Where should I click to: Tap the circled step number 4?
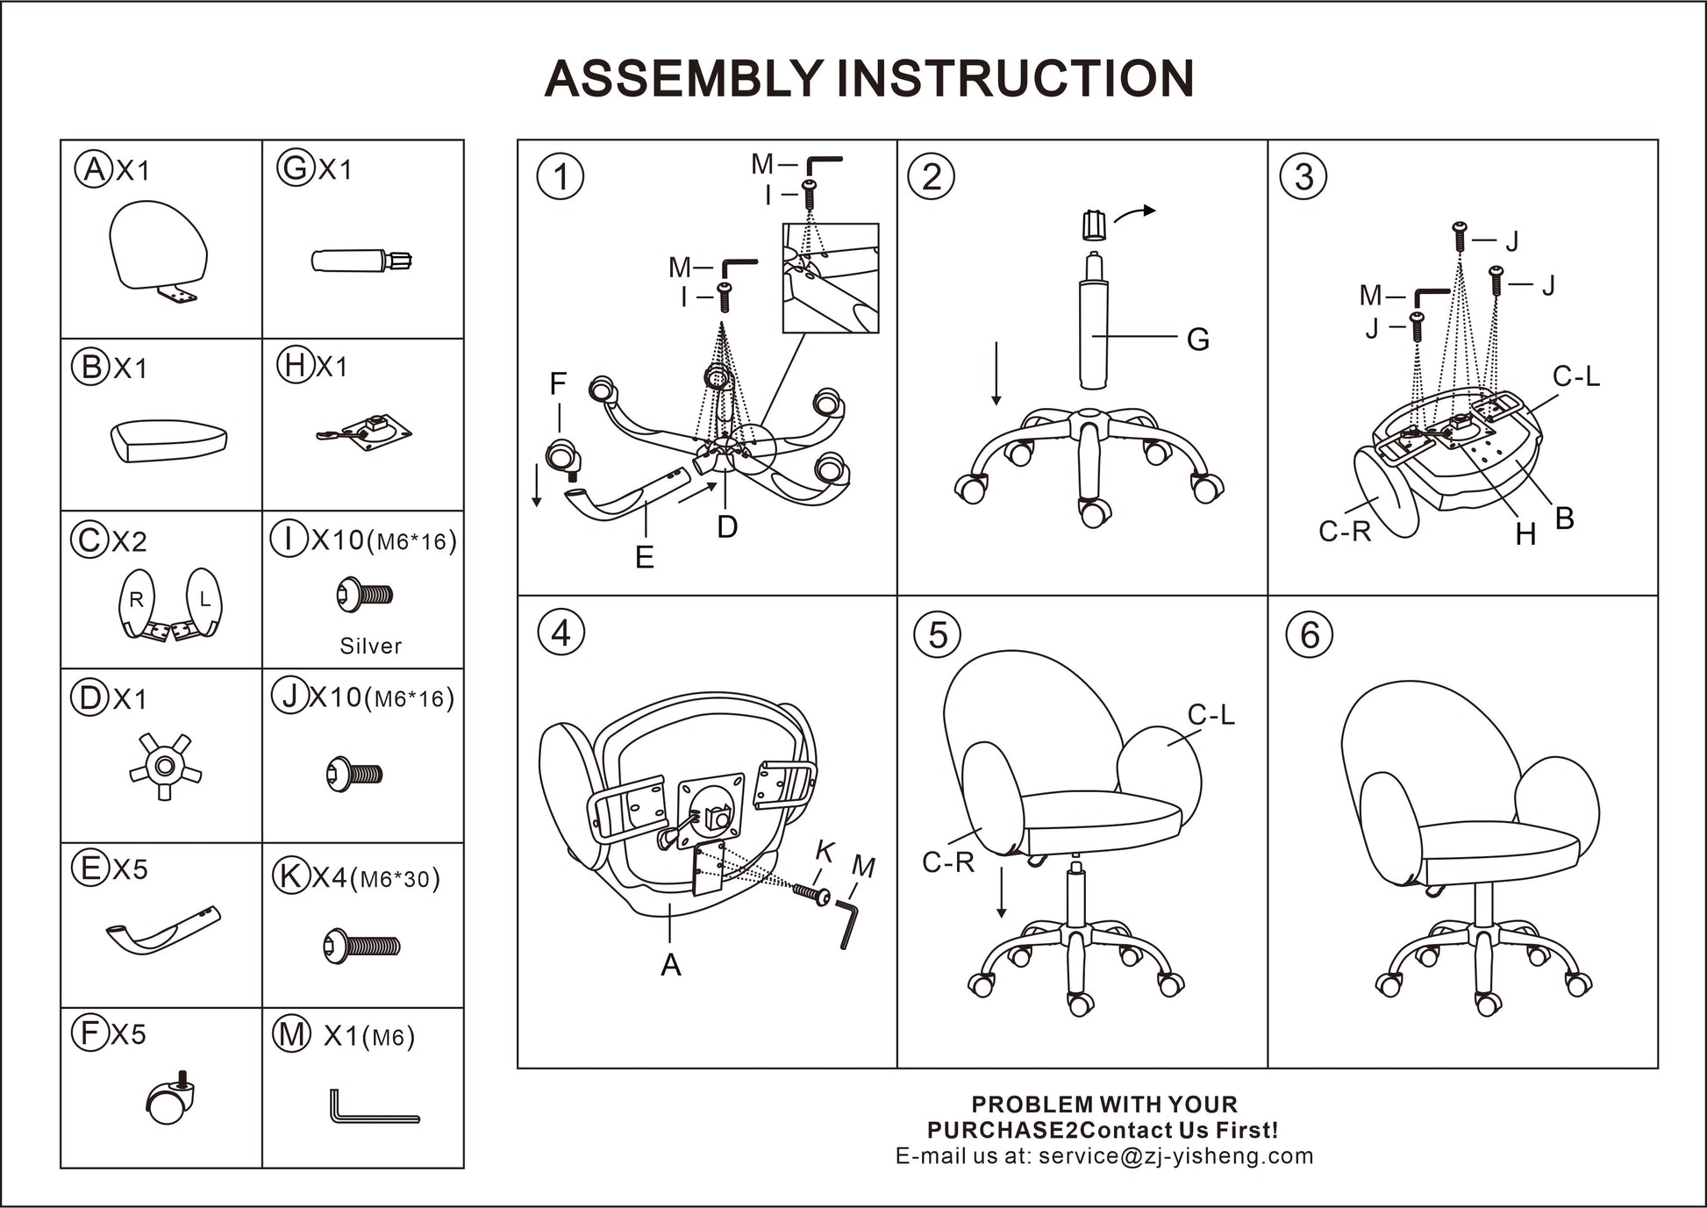coord(561,633)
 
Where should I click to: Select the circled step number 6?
coord(1309,634)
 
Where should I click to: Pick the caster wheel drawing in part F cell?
coord(169,1100)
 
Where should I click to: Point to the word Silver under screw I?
coord(370,647)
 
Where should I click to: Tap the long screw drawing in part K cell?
coord(361,947)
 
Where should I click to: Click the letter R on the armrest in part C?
coord(136,600)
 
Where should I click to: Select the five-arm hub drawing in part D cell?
coord(164,766)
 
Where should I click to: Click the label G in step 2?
coord(1197,340)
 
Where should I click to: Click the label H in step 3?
coord(1525,534)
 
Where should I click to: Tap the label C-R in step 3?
coord(1344,532)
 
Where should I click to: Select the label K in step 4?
coord(825,851)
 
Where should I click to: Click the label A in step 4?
coord(670,965)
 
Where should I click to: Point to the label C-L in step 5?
coord(1211,716)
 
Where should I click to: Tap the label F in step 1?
coord(558,384)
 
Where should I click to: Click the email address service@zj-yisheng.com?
coord(1175,1156)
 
